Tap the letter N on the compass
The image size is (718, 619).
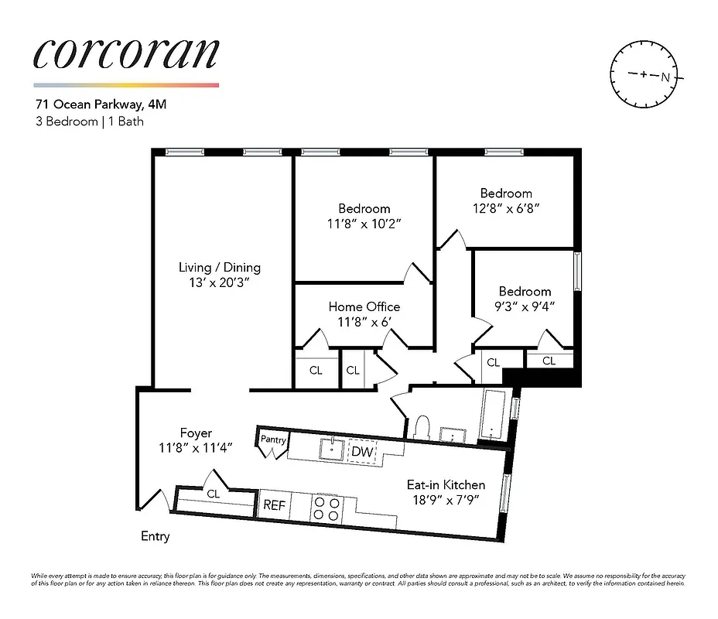pos(665,77)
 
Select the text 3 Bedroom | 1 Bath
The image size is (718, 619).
pos(89,121)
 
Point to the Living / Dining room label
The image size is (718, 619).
pos(220,268)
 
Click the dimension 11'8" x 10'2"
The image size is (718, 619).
pos(364,223)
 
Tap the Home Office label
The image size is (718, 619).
pos(364,306)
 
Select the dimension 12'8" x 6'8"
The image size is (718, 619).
pos(506,208)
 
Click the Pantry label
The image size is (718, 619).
pos(273,439)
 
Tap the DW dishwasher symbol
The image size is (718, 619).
pos(361,450)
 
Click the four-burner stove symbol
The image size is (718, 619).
pos(326,507)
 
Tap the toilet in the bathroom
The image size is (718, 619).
pos(422,428)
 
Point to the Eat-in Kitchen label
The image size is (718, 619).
pos(446,485)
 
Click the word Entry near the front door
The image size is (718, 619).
pos(155,536)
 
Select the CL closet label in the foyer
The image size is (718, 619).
pos(213,494)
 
